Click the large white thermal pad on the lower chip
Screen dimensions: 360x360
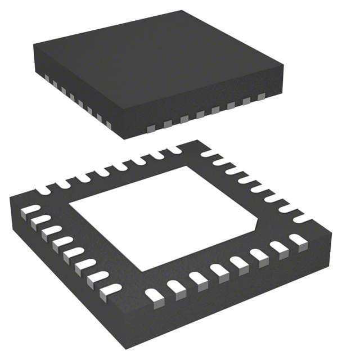pyautogui.click(x=163, y=217)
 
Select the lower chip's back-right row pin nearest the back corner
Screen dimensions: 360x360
pyautogui.click(x=209, y=153)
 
